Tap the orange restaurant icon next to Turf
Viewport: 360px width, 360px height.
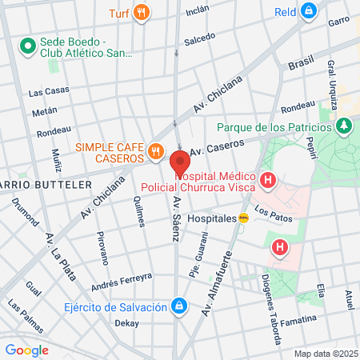142,12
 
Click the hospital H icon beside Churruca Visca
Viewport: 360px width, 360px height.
267,181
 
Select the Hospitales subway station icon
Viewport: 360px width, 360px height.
254,218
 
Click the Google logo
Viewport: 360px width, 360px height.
26,350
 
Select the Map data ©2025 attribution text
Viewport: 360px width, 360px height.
323,353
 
